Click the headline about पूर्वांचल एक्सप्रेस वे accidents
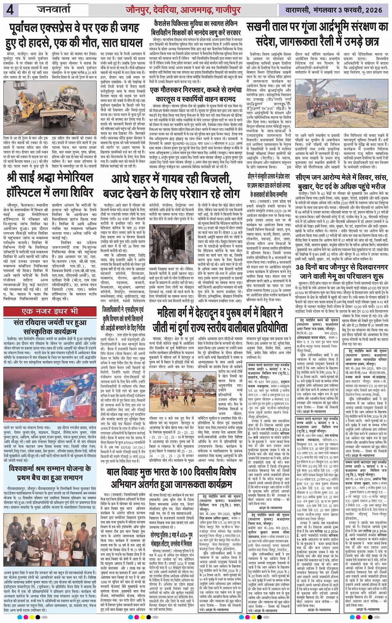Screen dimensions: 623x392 [x=75, y=36]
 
